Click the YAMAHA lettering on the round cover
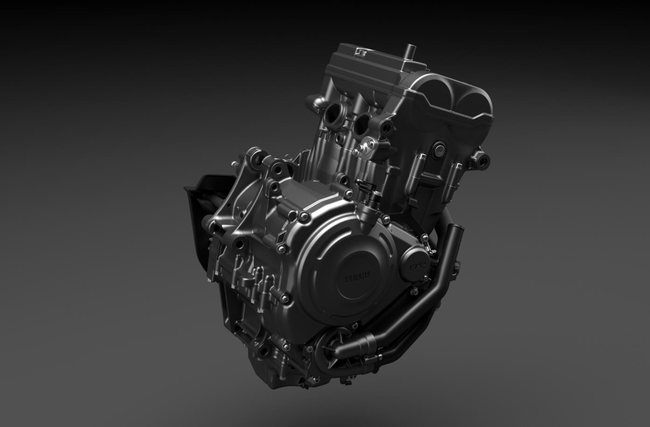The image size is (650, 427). [x=357, y=277]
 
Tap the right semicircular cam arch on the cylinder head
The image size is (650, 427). [x=473, y=103]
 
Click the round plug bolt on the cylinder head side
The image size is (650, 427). [x=439, y=150]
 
